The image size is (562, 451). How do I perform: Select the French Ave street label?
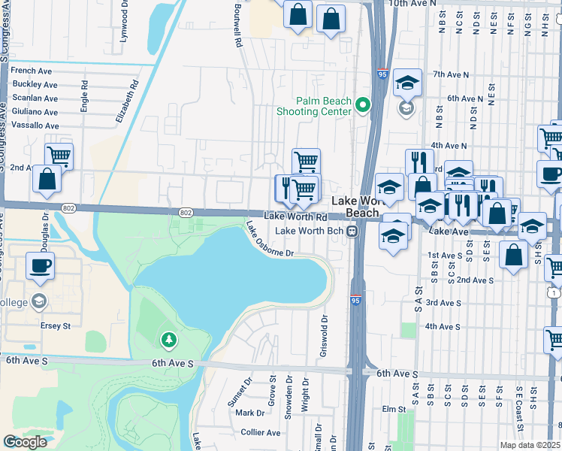[x=31, y=71]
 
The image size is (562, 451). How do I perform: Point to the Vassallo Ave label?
[x=35, y=126]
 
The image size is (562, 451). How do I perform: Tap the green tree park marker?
[x=169, y=341]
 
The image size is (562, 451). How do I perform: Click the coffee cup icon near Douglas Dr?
[x=40, y=265]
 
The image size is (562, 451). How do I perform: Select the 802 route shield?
[x=186, y=213]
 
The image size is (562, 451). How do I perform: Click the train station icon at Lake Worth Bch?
[x=351, y=231]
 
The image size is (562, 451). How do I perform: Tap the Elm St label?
[x=393, y=410]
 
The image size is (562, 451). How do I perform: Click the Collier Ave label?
[x=261, y=432]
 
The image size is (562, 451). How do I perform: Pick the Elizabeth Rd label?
[x=135, y=102]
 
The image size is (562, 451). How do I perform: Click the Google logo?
[x=25, y=442]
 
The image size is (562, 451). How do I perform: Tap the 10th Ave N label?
[x=412, y=4]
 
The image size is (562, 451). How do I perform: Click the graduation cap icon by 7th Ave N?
[x=407, y=83]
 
